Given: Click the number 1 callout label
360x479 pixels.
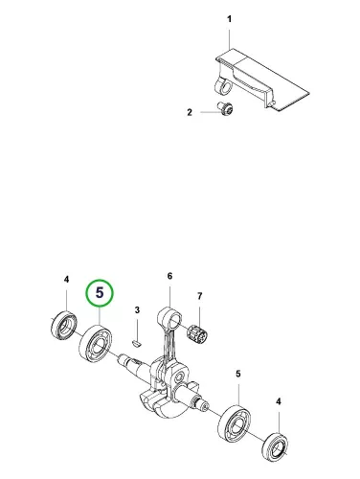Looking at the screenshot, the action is point(229,19).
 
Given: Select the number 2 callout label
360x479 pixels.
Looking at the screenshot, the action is point(190,112).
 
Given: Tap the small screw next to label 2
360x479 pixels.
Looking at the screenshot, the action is point(226,107).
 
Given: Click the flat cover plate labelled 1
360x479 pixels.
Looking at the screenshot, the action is point(262,80).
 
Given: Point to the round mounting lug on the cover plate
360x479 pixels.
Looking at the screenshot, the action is point(223,86).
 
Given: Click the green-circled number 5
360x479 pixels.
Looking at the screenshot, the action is point(100,292).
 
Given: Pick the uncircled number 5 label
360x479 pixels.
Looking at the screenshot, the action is point(238,374).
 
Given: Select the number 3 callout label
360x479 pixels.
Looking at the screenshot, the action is point(137,309).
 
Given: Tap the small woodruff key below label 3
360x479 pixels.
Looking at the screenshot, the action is point(137,343).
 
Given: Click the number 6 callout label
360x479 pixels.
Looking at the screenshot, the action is point(169,276).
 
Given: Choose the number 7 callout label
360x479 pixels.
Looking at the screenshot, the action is point(199,296).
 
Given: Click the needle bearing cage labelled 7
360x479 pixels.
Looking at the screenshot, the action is point(197,333).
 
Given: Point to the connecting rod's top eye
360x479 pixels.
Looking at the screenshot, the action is point(170,317).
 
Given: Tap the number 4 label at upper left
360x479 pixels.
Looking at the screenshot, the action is point(66,280).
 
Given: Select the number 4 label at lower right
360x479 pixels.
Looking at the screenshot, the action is point(279,401).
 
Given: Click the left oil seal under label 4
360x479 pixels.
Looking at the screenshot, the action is point(64,325).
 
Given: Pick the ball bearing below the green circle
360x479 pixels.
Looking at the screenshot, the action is point(96,343).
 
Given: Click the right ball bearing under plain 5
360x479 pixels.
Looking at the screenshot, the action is point(236,423).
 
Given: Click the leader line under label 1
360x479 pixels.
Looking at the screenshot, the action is point(230,39).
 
